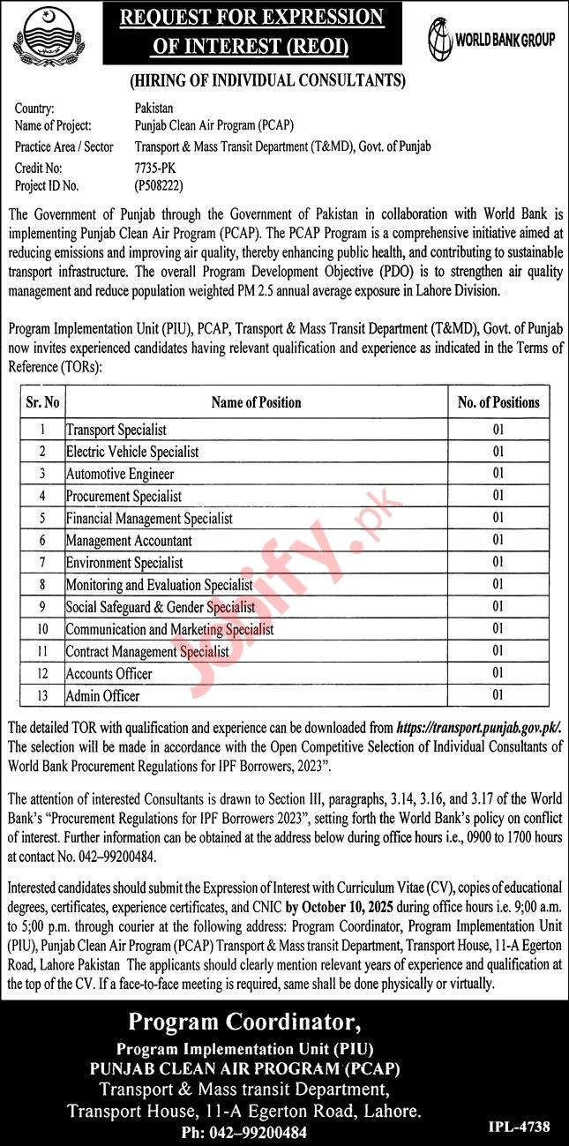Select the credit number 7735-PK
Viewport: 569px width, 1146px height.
click(153, 166)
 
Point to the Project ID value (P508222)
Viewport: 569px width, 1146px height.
click(160, 185)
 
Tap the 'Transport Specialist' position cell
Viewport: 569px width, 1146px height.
click(116, 430)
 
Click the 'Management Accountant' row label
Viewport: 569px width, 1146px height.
click(129, 540)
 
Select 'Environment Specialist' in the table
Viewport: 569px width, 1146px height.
click(124, 562)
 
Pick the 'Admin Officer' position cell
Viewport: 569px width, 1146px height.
click(102, 695)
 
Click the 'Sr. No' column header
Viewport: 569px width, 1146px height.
click(42, 402)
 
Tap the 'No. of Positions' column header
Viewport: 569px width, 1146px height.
click(498, 402)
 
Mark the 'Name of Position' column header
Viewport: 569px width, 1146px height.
click(256, 402)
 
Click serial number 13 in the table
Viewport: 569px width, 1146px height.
click(42, 695)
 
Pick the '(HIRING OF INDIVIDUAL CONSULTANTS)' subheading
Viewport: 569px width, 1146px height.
click(267, 81)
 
